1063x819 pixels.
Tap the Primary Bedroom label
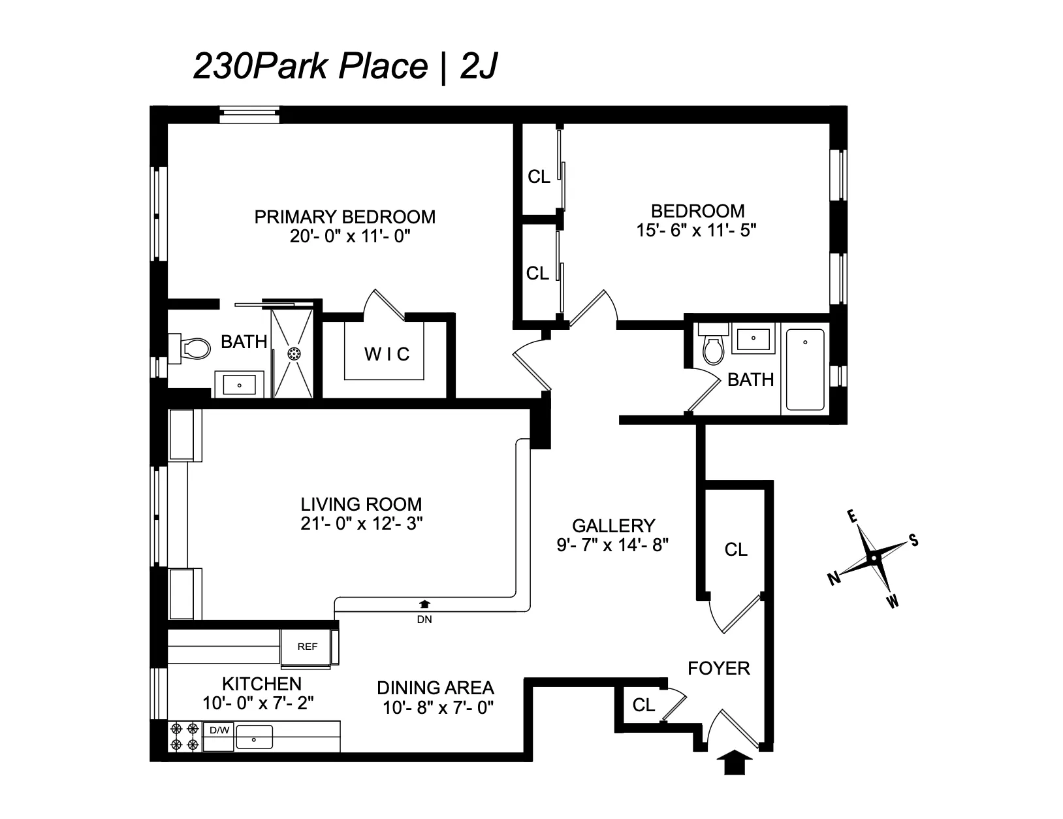(x=345, y=217)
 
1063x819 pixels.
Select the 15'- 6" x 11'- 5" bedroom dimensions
(x=697, y=230)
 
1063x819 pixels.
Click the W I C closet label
(x=387, y=355)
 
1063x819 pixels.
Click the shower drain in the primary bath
(x=294, y=353)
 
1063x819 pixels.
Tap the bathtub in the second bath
(x=804, y=370)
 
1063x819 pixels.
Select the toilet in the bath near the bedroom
(x=713, y=348)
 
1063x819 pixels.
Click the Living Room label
(x=361, y=504)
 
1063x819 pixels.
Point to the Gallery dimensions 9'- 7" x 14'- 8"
(x=613, y=545)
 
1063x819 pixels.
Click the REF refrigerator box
(x=307, y=647)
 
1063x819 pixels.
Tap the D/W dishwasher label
(x=219, y=730)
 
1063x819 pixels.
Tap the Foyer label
(x=719, y=668)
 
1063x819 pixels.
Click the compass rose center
(x=873, y=559)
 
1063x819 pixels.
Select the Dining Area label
(x=436, y=688)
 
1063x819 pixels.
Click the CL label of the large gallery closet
(x=736, y=550)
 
